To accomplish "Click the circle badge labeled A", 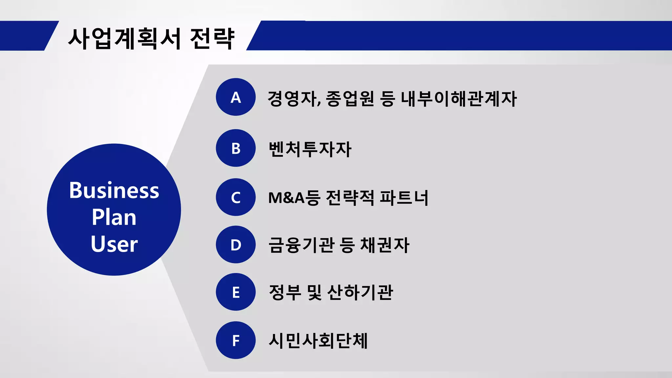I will coord(236,97).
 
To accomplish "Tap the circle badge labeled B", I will coord(236,148).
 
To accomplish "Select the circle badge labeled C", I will coord(236,197).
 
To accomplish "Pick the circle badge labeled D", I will coord(236,244).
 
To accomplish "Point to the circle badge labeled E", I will coord(236,292).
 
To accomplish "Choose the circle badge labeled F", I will coord(236,340).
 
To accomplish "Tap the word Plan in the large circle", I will coord(114,217).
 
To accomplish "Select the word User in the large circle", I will coord(114,244).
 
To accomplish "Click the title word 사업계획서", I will coord(124,39).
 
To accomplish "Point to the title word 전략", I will coord(212,39).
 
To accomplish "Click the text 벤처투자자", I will coord(310,149).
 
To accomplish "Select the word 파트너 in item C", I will coord(404,198).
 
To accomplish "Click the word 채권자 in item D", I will coord(385,245).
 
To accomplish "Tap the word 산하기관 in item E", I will coord(360,292).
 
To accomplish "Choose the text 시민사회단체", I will coord(318,341).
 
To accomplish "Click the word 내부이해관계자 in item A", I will coord(459,98).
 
